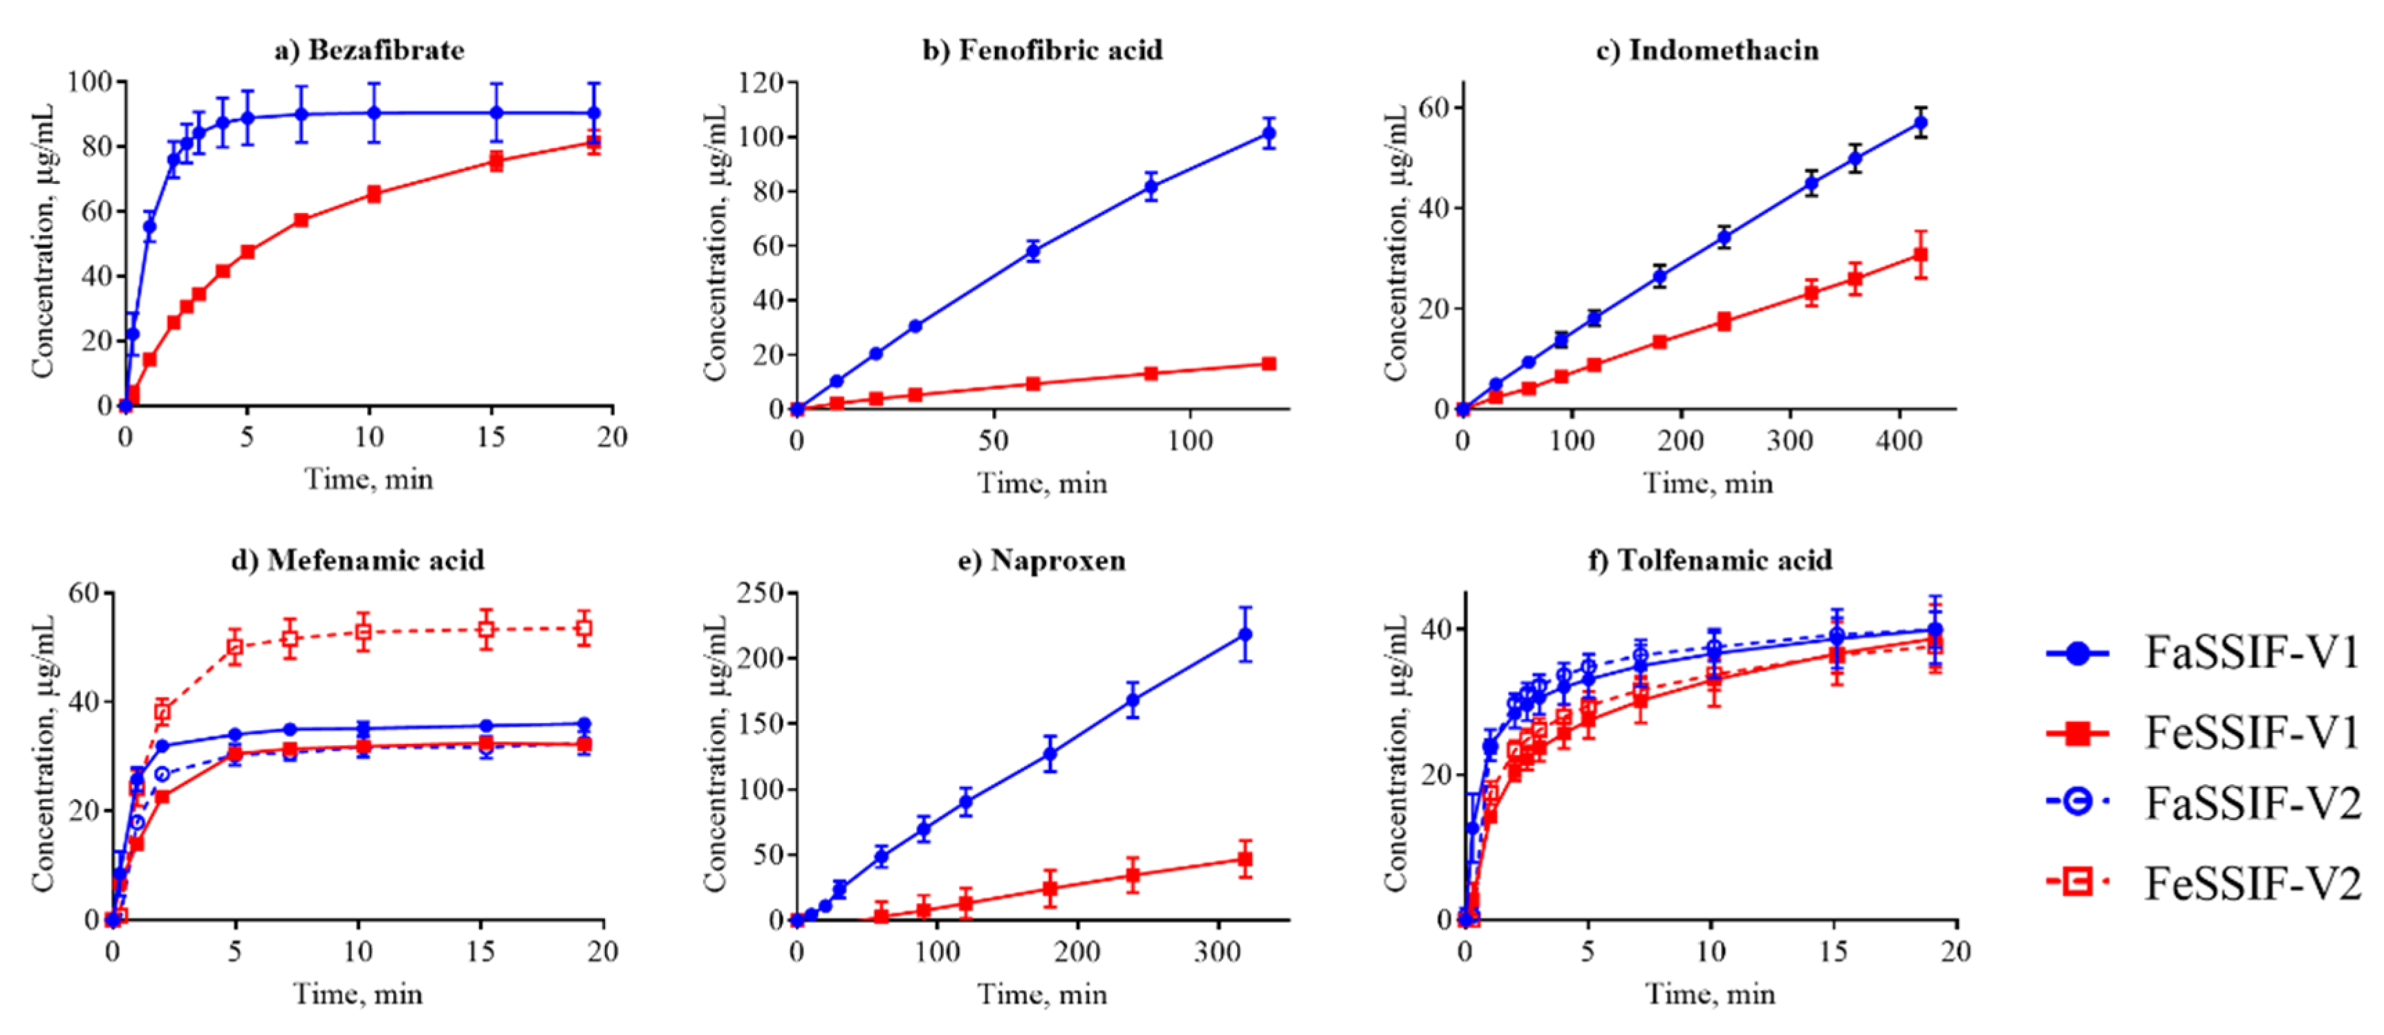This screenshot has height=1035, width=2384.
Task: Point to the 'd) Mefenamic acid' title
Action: coord(357,561)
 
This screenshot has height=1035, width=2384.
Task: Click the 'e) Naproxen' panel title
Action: coord(1042,561)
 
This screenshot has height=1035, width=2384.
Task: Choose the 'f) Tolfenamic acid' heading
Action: coord(1711,561)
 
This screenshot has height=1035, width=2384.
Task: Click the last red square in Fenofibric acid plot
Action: coord(1269,364)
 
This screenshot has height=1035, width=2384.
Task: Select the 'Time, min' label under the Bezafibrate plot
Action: coord(369,480)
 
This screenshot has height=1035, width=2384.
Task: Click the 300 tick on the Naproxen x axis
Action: coord(1218,951)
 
